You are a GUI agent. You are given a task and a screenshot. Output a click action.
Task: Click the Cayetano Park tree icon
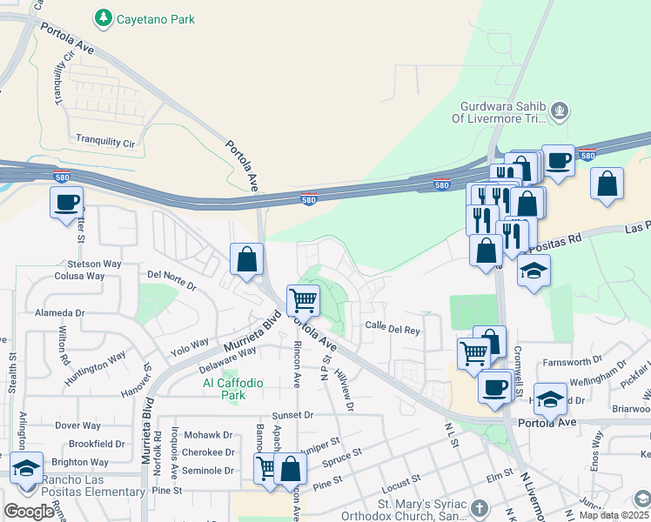pyautogui.click(x=104, y=17)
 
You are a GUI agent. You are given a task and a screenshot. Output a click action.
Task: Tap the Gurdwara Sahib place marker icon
pyautogui.click(x=560, y=111)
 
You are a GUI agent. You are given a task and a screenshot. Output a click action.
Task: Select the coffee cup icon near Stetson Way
pyautogui.click(x=67, y=204)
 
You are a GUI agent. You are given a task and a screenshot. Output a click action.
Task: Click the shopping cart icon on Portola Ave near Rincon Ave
pyautogui.click(x=303, y=300)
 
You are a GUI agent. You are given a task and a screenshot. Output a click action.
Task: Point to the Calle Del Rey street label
pyautogui.click(x=393, y=330)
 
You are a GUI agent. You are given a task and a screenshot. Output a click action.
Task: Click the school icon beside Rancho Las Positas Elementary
pyautogui.click(x=27, y=469)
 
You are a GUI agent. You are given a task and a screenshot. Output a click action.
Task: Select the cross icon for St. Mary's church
pyautogui.click(x=478, y=507)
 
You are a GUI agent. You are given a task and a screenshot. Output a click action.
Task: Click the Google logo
pyautogui.click(x=29, y=512)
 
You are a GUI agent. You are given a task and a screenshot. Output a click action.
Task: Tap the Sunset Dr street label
pyautogui.click(x=292, y=416)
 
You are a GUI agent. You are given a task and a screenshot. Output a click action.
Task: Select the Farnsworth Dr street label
pyautogui.click(x=573, y=360)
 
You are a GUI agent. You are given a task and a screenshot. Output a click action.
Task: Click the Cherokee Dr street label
pyautogui.click(x=212, y=452)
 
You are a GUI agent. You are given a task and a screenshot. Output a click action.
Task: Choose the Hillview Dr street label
pyautogui.click(x=346, y=389)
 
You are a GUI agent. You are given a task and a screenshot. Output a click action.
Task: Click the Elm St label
pyautogui.click(x=500, y=477)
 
